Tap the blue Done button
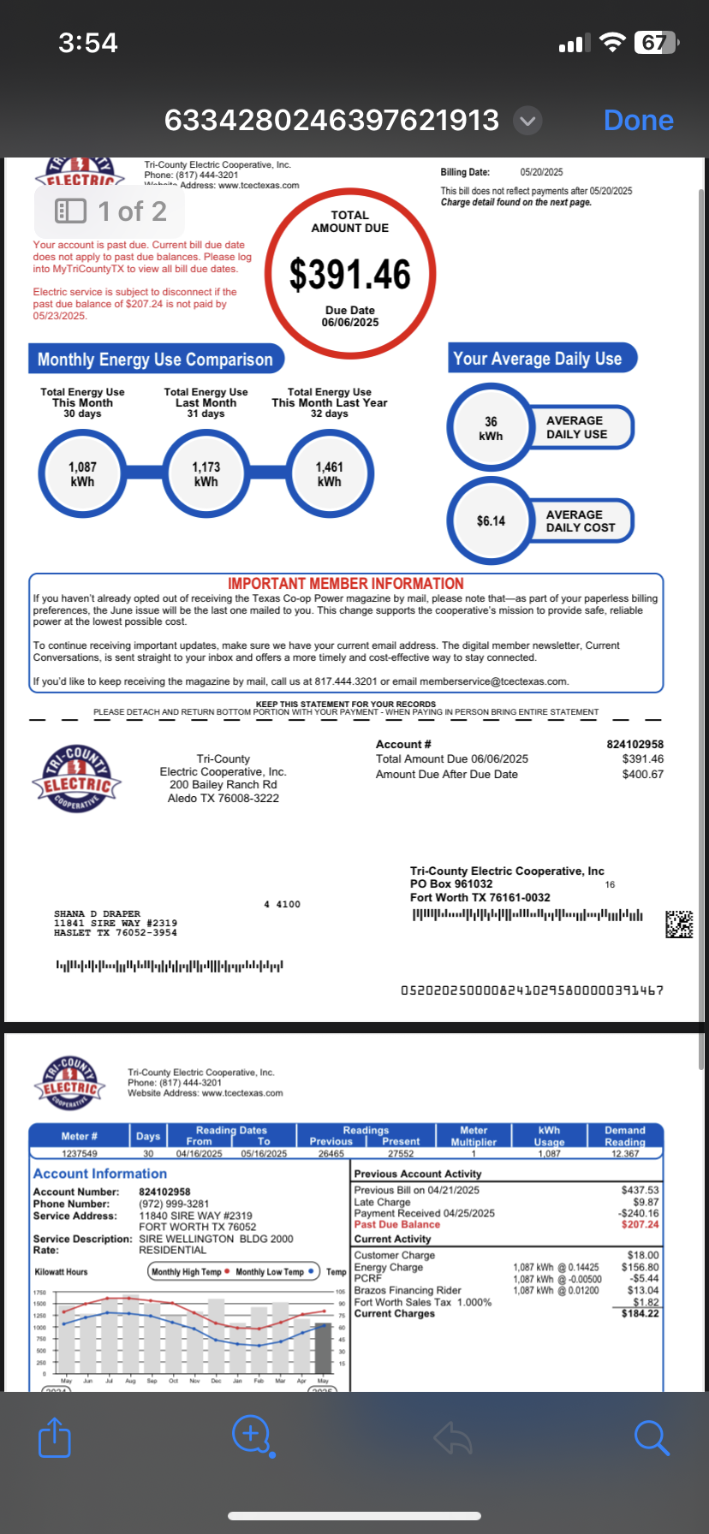[638, 121]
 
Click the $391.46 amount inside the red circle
[350, 275]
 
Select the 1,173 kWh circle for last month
[206, 473]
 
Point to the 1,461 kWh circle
[330, 473]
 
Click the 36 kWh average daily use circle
[491, 428]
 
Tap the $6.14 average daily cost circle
[491, 520]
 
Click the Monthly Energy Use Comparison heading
[155, 360]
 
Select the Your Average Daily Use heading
[538, 359]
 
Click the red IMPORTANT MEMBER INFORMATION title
[346, 583]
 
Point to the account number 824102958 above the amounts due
[635, 745]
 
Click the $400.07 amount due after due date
[642, 774]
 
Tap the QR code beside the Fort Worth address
[679, 924]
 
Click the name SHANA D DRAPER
[97, 914]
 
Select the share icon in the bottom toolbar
[55, 1437]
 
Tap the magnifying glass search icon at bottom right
[651, 1437]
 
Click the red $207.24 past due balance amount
[640, 1224]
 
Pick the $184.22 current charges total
[640, 1313]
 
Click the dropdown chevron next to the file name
[528, 121]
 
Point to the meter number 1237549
[79, 1154]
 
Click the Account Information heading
[100, 1174]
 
